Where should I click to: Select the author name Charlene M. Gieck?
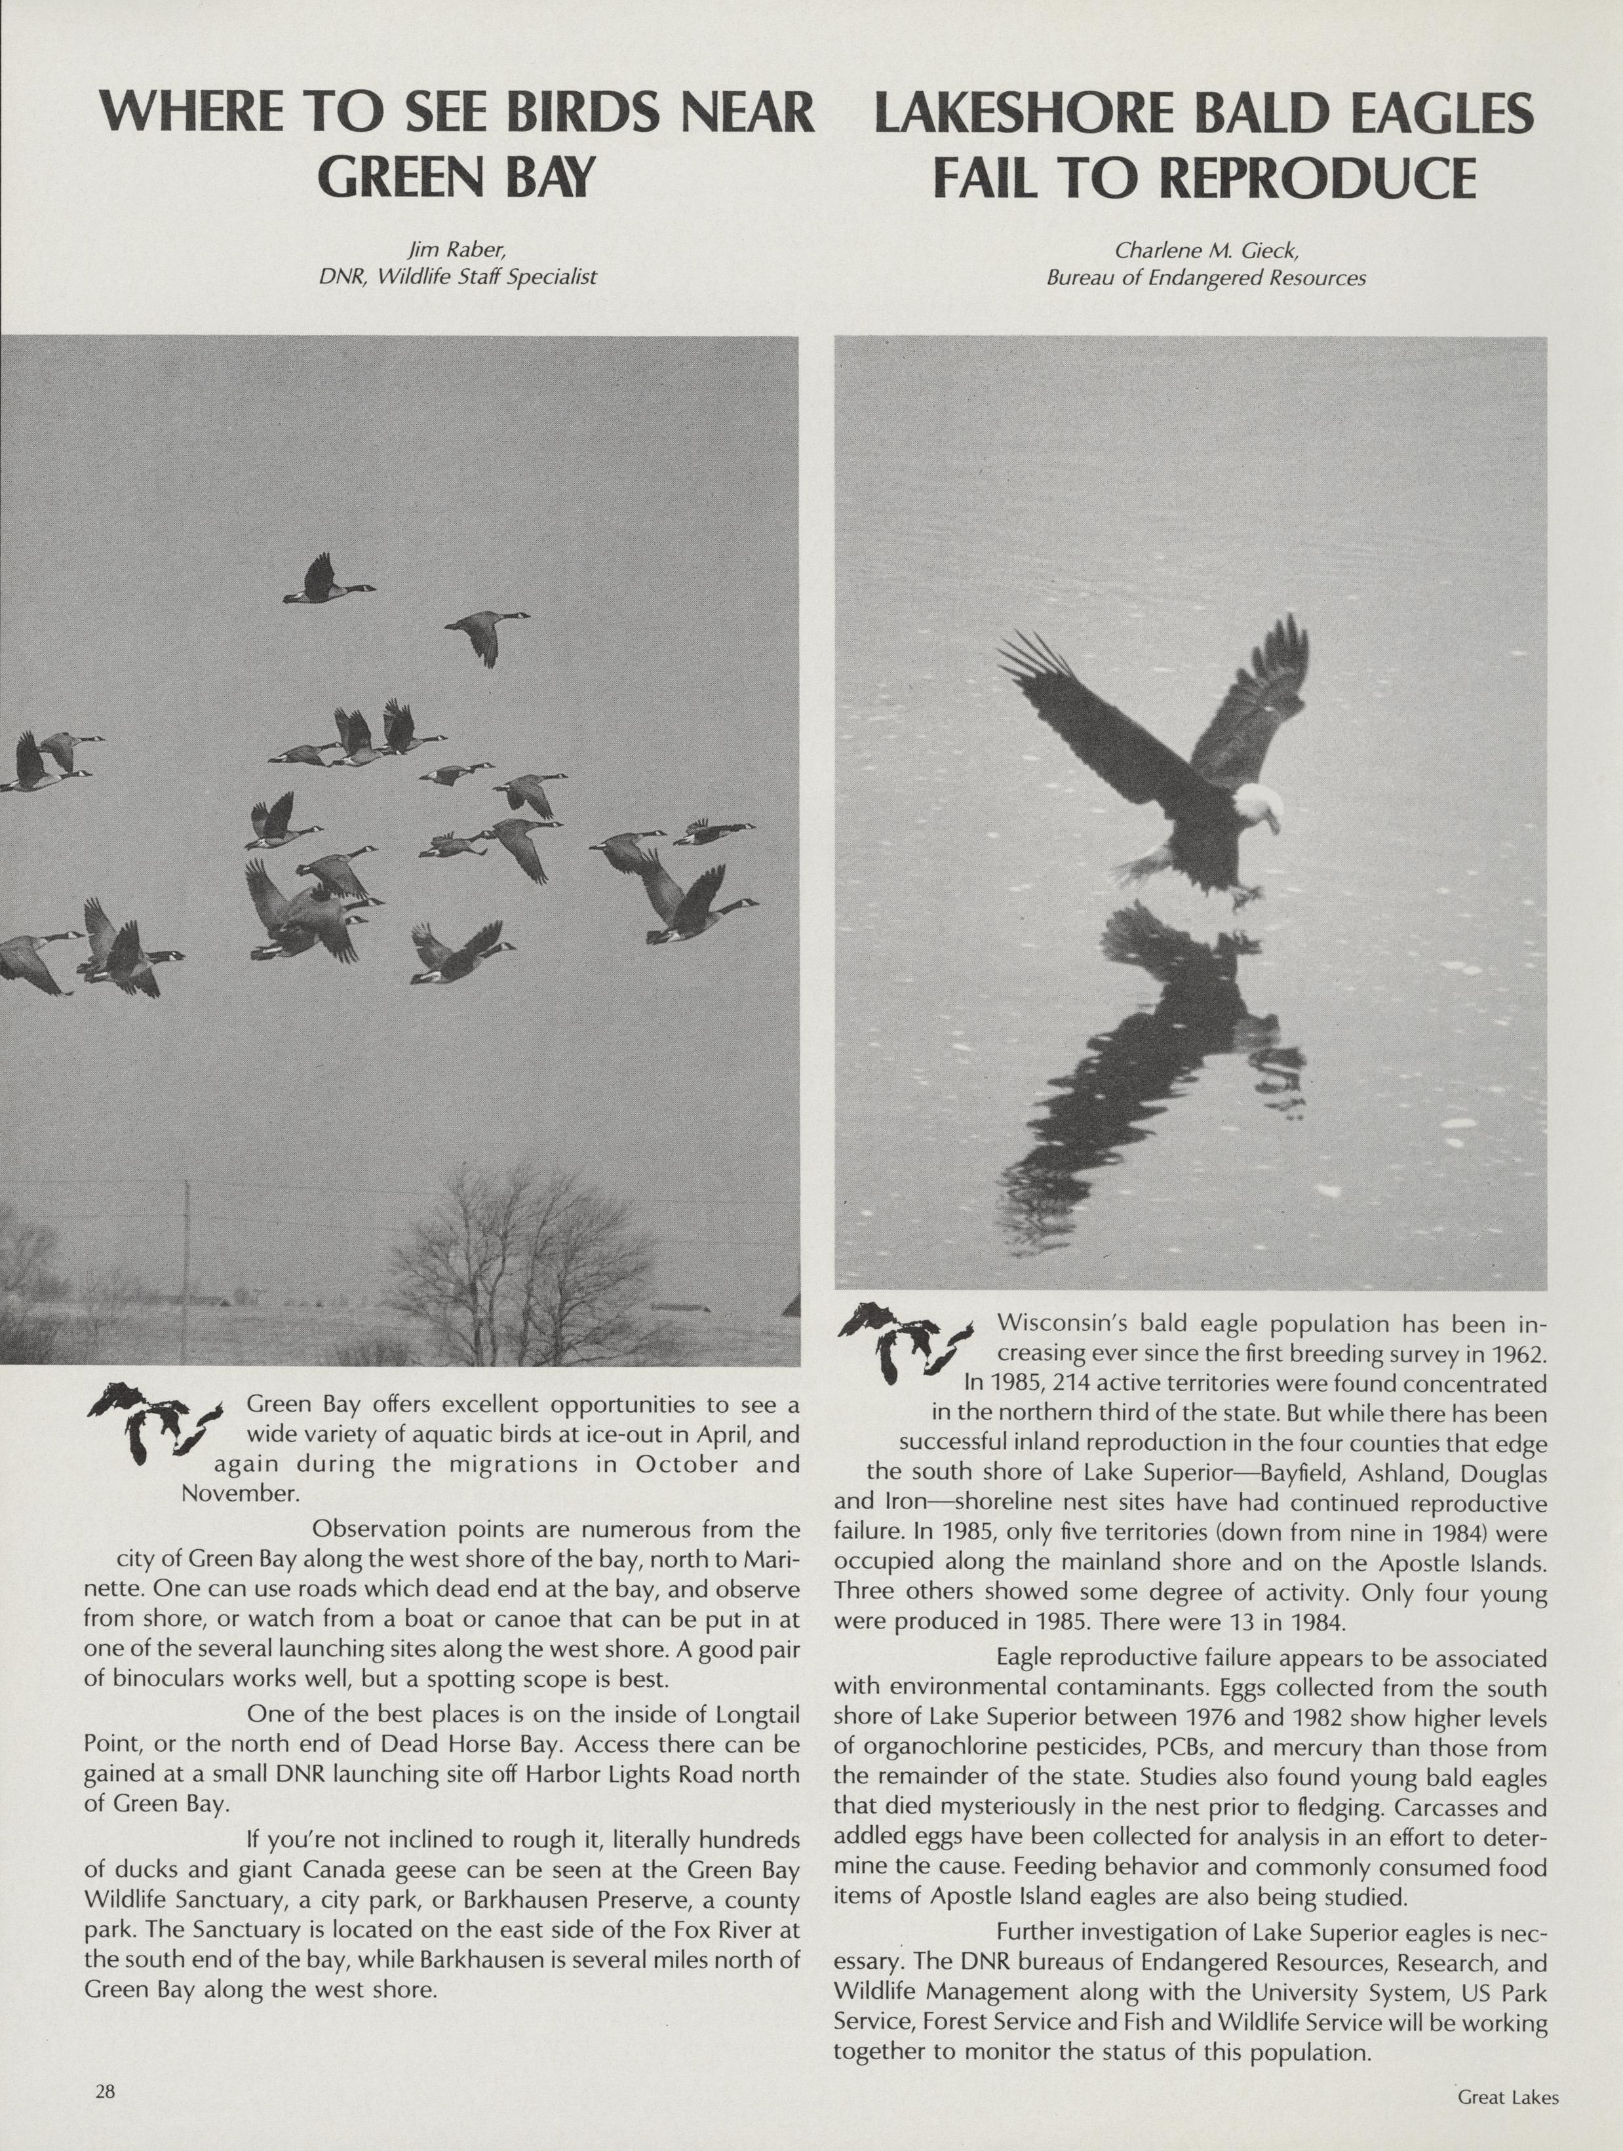pyautogui.click(x=1205, y=251)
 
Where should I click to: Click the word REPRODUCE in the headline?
pyautogui.click(x=1318, y=178)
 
